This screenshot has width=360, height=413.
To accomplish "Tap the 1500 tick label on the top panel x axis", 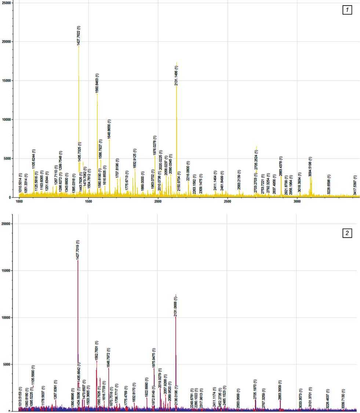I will pos(88,202).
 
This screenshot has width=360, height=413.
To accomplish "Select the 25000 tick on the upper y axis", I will pos(6,3).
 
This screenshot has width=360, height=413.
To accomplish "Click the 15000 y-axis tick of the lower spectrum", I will pos(6,271).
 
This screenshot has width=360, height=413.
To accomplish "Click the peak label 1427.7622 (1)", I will pos(79,35).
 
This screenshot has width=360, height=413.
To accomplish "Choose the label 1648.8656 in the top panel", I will pos(109,129).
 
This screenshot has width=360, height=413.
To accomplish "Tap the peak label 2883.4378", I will pos(281,166).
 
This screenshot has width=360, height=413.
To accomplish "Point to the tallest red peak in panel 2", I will pos(78,261).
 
